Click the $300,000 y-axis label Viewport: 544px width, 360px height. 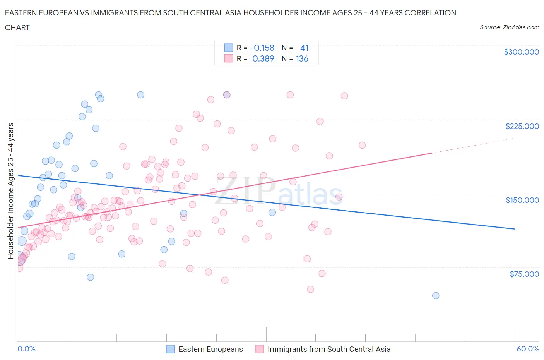click(x=521, y=52)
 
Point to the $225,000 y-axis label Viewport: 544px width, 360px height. click(x=522, y=126)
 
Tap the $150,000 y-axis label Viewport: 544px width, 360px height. click(x=522, y=200)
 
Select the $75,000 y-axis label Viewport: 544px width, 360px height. click(x=524, y=274)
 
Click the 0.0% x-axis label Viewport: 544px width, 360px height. click(x=26, y=349)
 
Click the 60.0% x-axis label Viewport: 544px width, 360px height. click(x=528, y=349)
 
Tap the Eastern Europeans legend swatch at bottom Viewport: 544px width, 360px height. click(x=170, y=349)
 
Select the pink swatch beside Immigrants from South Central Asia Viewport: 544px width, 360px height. click(x=259, y=349)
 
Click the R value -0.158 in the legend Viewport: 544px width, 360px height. click(x=262, y=48)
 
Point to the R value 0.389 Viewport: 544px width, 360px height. click(x=263, y=58)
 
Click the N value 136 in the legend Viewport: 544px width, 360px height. click(x=302, y=58)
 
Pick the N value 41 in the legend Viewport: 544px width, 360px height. click(x=304, y=48)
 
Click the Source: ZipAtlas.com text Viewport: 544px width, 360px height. click(x=509, y=27)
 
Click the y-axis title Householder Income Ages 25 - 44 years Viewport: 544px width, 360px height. click(x=11, y=190)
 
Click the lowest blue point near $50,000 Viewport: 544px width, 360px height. click(x=436, y=295)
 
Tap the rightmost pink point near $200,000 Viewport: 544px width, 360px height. click(x=362, y=145)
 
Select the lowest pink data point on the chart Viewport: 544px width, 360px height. click(x=310, y=289)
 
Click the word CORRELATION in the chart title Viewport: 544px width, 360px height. click(x=430, y=13)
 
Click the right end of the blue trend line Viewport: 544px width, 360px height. click(x=515, y=229)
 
